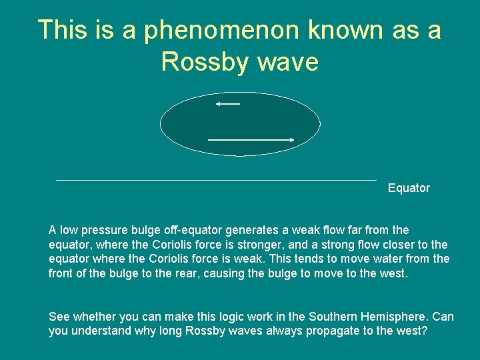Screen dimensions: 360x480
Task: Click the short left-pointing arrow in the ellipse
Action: click(x=227, y=104)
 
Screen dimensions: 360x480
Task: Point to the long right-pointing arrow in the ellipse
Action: click(x=251, y=139)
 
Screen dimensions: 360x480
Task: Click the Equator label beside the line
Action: click(x=409, y=188)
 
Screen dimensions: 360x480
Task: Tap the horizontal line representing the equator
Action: click(x=216, y=180)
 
